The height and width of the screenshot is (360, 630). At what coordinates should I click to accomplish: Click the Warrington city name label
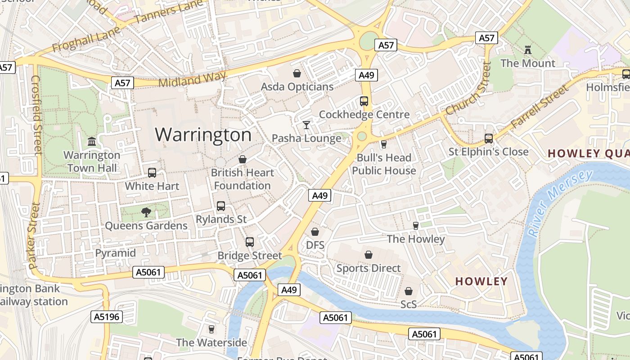(203, 135)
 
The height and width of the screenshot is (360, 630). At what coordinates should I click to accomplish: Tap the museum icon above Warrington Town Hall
(92, 142)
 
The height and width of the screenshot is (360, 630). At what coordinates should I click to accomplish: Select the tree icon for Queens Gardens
(146, 212)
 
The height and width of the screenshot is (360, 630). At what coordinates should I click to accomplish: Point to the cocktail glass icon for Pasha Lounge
(306, 125)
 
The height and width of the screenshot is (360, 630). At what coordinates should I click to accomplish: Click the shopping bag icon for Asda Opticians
(297, 73)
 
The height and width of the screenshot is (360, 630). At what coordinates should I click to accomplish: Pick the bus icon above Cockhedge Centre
(364, 101)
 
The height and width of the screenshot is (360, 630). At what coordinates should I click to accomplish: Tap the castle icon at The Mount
(528, 49)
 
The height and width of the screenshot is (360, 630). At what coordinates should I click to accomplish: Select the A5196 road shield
(107, 317)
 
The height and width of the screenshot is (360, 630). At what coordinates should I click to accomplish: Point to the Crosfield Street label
(36, 115)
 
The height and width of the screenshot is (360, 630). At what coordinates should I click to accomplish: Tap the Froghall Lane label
(86, 39)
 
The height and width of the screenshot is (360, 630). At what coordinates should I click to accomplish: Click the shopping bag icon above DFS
(315, 232)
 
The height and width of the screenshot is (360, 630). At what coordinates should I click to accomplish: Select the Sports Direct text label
(369, 268)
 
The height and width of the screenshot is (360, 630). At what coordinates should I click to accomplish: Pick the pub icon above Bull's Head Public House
(384, 144)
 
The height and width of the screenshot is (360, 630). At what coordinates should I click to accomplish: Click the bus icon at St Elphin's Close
(489, 138)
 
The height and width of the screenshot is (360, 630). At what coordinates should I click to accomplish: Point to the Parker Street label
(34, 236)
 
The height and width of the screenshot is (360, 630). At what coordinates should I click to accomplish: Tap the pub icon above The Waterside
(211, 329)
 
